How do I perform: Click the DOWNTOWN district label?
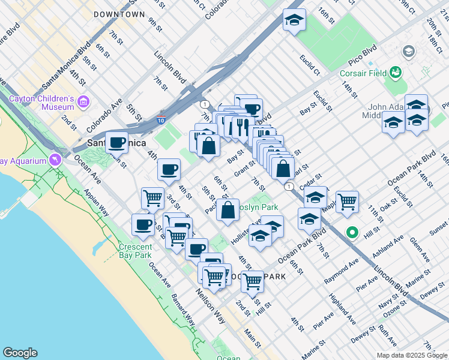point(119,14)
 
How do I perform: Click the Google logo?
point(20,353)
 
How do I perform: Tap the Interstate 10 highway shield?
point(160,119)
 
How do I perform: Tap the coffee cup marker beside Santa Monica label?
point(117,143)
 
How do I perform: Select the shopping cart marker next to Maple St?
point(347,202)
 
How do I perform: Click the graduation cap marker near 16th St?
point(294,19)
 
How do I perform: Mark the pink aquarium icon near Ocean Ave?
point(55,160)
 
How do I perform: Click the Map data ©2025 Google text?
point(411,355)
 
